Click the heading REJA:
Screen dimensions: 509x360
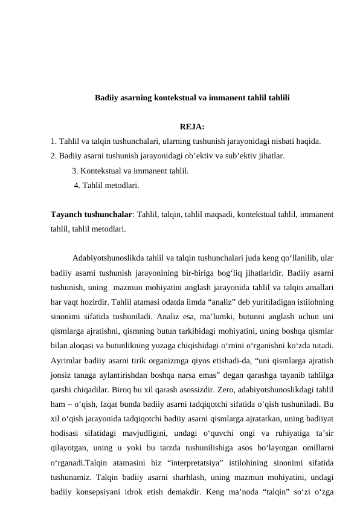192,128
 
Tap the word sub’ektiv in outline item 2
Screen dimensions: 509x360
228,157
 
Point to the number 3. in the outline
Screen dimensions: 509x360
75,171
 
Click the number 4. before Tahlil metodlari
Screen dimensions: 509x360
77,185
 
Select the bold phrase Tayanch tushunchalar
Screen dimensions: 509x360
91,215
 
